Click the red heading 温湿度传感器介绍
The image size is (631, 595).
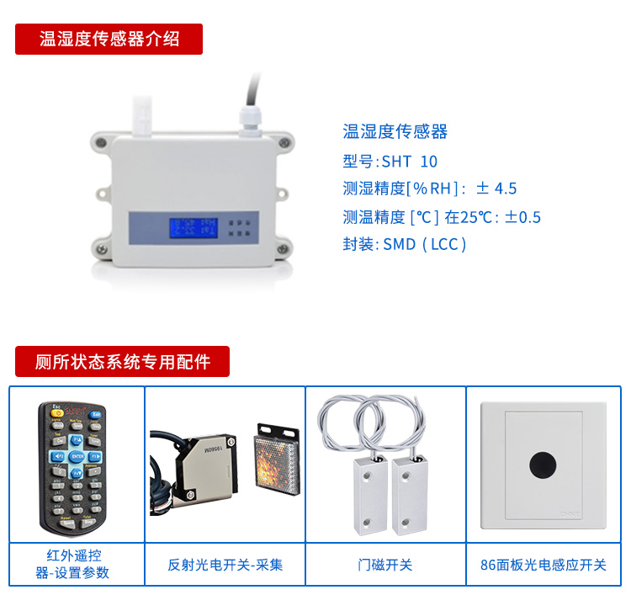coord(109,39)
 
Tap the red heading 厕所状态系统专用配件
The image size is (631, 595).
coord(122,361)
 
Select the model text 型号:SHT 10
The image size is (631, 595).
coord(390,162)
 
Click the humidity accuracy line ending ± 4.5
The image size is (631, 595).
coord(430,189)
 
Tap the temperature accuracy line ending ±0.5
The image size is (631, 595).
coord(442,217)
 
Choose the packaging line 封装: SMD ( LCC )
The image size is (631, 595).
coord(405,244)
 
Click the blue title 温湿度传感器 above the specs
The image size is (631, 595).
coord(395,131)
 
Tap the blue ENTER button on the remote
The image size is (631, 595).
coord(77,456)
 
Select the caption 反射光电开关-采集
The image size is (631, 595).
coord(225,565)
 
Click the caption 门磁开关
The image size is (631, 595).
coord(385,565)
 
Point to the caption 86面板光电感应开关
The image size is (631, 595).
coord(544,565)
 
